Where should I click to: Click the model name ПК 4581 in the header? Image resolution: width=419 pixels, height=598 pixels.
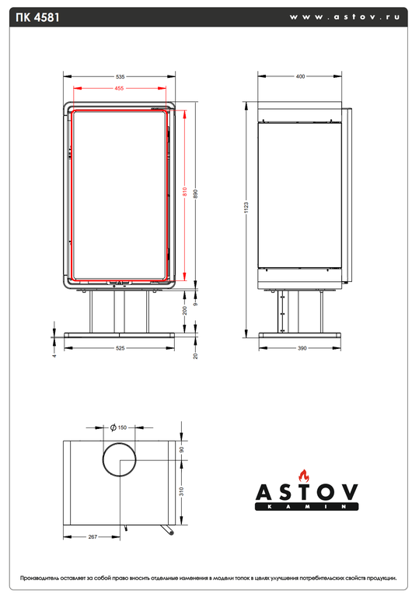coord(38,18)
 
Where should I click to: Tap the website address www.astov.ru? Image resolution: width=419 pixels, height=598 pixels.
coord(344,17)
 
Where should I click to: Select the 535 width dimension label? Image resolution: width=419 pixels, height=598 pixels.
coord(120,76)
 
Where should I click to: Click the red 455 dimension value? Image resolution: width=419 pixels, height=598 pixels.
coord(119,88)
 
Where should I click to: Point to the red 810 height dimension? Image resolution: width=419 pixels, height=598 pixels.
coord(185,192)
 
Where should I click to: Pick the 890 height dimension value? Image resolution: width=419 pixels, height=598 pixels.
coord(196,194)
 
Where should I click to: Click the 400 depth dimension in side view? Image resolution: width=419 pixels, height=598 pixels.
coord(301,76)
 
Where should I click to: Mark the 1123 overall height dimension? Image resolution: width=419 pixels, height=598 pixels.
coord(246,208)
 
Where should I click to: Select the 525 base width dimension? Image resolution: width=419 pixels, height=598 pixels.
coord(120,348)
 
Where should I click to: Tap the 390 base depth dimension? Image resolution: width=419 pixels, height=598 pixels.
coord(302,348)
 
